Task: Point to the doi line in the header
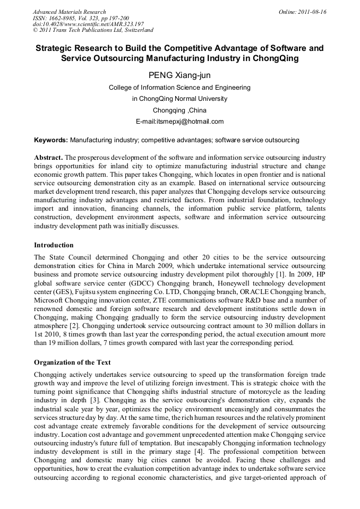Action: (x=88, y=24)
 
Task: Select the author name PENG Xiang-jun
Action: (x=179, y=75)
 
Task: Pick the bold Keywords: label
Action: (x=51, y=140)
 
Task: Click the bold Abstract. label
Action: (x=48, y=158)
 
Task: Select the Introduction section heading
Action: (x=54, y=245)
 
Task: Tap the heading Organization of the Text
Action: (x=72, y=363)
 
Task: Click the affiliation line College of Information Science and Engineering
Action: (x=179, y=87)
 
